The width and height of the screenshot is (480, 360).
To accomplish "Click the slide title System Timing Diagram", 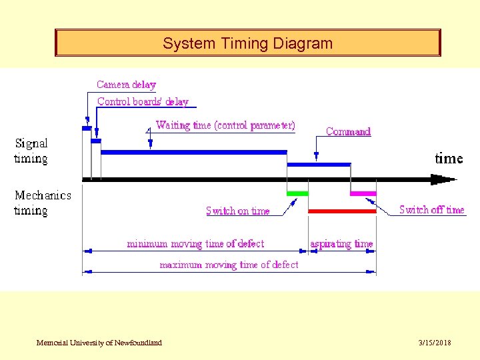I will pyautogui.click(x=247, y=44).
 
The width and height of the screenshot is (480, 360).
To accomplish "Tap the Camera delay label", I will pyautogui.click(x=126, y=85).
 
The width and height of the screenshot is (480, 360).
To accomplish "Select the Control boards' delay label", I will pyautogui.click(x=143, y=102).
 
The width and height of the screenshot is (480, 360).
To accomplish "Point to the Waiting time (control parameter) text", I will pyautogui.click(x=225, y=125).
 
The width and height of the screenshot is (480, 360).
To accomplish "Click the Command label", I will pyautogui.click(x=348, y=132).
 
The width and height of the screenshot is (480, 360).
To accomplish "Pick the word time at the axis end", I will pyautogui.click(x=449, y=159).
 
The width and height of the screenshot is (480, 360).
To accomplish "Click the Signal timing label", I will pyautogui.click(x=31, y=151).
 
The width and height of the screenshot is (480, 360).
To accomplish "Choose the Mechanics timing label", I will pyautogui.click(x=43, y=203).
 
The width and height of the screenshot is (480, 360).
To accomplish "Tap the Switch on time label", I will pyautogui.click(x=238, y=211).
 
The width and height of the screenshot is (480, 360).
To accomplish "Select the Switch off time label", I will pyautogui.click(x=431, y=210).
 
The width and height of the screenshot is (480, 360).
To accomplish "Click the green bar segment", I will pyautogui.click(x=297, y=193).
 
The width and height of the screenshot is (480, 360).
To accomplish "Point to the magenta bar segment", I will pyautogui.click(x=363, y=193).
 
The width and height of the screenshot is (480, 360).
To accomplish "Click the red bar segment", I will pyautogui.click(x=342, y=211).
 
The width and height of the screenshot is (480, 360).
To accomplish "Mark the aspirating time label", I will pyautogui.click(x=341, y=244).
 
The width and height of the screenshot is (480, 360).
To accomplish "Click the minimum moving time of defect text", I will pyautogui.click(x=195, y=244).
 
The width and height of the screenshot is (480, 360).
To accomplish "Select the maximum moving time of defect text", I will pyautogui.click(x=229, y=265).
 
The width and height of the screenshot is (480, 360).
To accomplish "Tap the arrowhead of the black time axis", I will pyautogui.click(x=443, y=179).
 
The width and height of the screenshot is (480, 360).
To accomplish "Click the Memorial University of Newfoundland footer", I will pyautogui.click(x=99, y=343).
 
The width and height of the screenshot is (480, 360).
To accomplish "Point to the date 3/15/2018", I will pyautogui.click(x=435, y=343).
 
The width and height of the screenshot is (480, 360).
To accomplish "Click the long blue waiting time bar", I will pyautogui.click(x=193, y=152).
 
